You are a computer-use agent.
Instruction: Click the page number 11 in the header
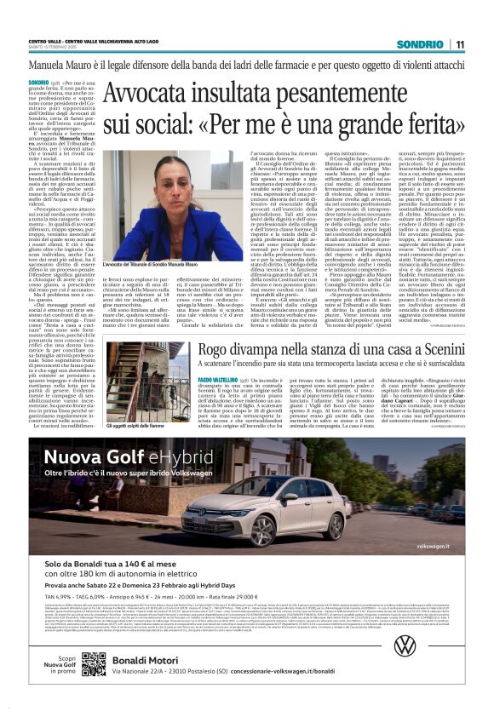point(460,44)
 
